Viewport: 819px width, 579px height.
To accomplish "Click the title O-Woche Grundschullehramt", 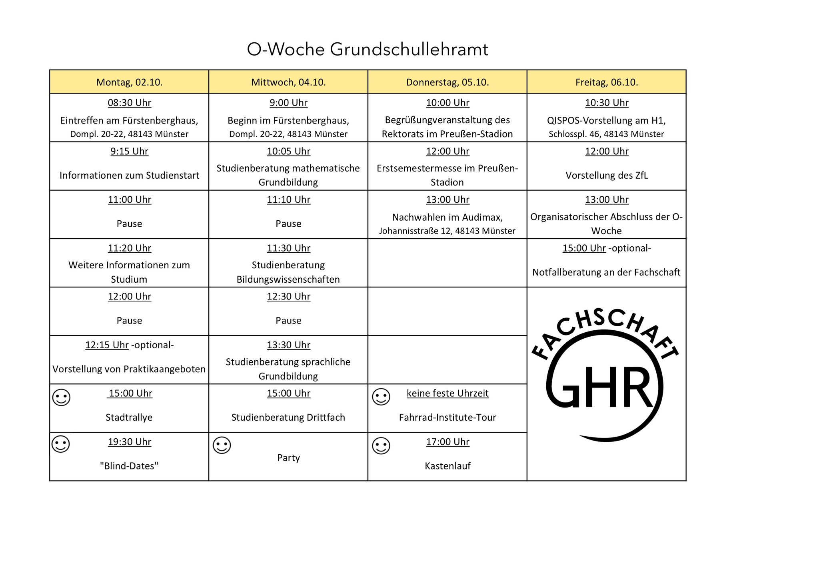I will (x=367, y=50).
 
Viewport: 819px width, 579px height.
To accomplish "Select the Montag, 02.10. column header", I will (x=129, y=82).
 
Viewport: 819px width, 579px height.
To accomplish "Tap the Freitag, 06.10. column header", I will (x=606, y=82).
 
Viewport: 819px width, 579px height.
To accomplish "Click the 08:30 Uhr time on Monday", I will (x=129, y=103).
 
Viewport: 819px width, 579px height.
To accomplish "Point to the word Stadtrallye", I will (x=129, y=417).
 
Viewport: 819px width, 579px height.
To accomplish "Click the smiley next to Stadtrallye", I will (x=62, y=397).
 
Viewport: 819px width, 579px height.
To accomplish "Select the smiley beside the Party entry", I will (x=222, y=445).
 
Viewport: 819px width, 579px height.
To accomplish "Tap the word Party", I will (x=288, y=457).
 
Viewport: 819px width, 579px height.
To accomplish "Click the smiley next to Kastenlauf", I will (x=381, y=446).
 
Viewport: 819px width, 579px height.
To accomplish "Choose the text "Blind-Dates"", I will (x=129, y=466).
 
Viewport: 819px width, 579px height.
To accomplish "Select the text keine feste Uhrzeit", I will (x=447, y=393).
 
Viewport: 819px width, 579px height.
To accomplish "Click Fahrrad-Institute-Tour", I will (x=447, y=417).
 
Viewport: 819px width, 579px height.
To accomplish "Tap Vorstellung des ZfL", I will (x=606, y=176).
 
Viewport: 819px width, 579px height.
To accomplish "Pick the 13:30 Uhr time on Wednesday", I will (x=288, y=345).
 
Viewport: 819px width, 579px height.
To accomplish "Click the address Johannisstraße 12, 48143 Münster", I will (x=447, y=231).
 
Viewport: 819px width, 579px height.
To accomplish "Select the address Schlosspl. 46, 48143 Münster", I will (x=606, y=134).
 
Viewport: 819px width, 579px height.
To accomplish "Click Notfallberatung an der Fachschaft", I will (x=606, y=272).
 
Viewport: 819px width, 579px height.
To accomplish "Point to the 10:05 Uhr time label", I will (x=288, y=152).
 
